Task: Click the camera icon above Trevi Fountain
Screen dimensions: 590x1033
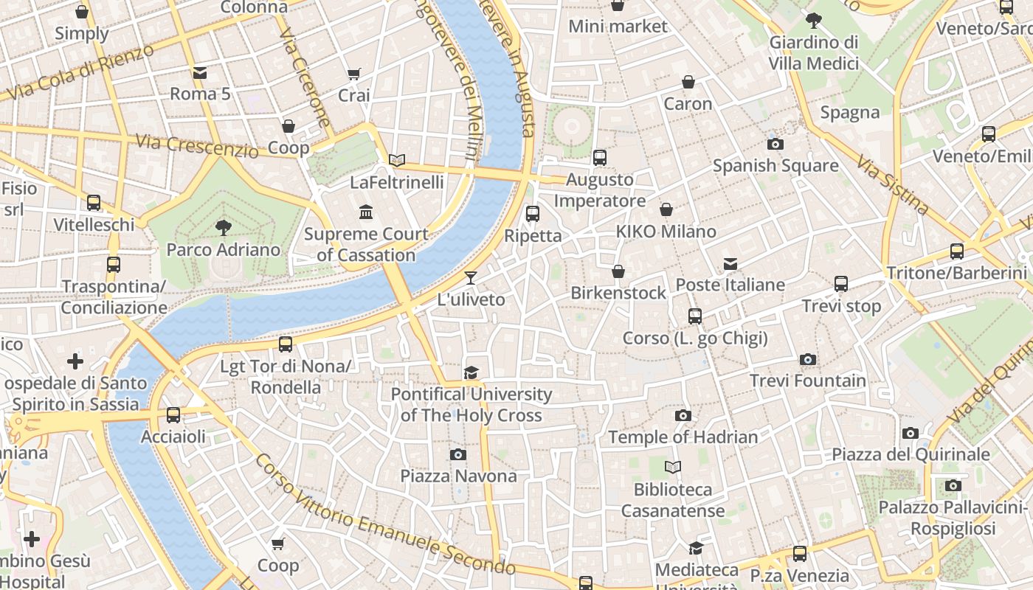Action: pyautogui.click(x=808, y=360)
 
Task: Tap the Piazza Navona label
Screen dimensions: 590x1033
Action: pyautogui.click(x=458, y=476)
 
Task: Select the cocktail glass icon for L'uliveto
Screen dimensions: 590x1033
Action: pyautogui.click(x=471, y=278)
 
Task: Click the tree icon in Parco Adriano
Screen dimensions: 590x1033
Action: pyautogui.click(x=223, y=227)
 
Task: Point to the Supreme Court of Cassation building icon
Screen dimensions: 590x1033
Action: pyautogui.click(x=365, y=213)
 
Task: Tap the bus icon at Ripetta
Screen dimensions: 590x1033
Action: pyautogui.click(x=532, y=214)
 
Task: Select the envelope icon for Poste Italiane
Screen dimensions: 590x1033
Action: pyautogui.click(x=730, y=264)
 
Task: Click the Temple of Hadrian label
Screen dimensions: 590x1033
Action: pyautogui.click(x=683, y=437)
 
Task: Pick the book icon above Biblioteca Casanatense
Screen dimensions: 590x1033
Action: pyautogui.click(x=673, y=467)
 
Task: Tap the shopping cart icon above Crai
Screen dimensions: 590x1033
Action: pyautogui.click(x=353, y=74)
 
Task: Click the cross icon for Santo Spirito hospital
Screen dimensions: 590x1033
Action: pyautogui.click(x=75, y=361)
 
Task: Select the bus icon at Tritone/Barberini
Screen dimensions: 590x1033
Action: pyautogui.click(x=956, y=251)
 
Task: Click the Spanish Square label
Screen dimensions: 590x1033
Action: pyautogui.click(x=775, y=165)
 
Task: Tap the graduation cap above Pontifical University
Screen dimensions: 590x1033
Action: pyautogui.click(x=471, y=372)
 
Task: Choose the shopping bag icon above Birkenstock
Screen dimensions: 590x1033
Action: pyautogui.click(x=618, y=271)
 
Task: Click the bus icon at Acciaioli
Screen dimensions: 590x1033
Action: pyautogui.click(x=173, y=415)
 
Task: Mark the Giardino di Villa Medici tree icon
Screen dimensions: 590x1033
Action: pyautogui.click(x=814, y=20)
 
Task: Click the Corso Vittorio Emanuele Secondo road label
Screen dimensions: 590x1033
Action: pyautogui.click(x=384, y=516)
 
